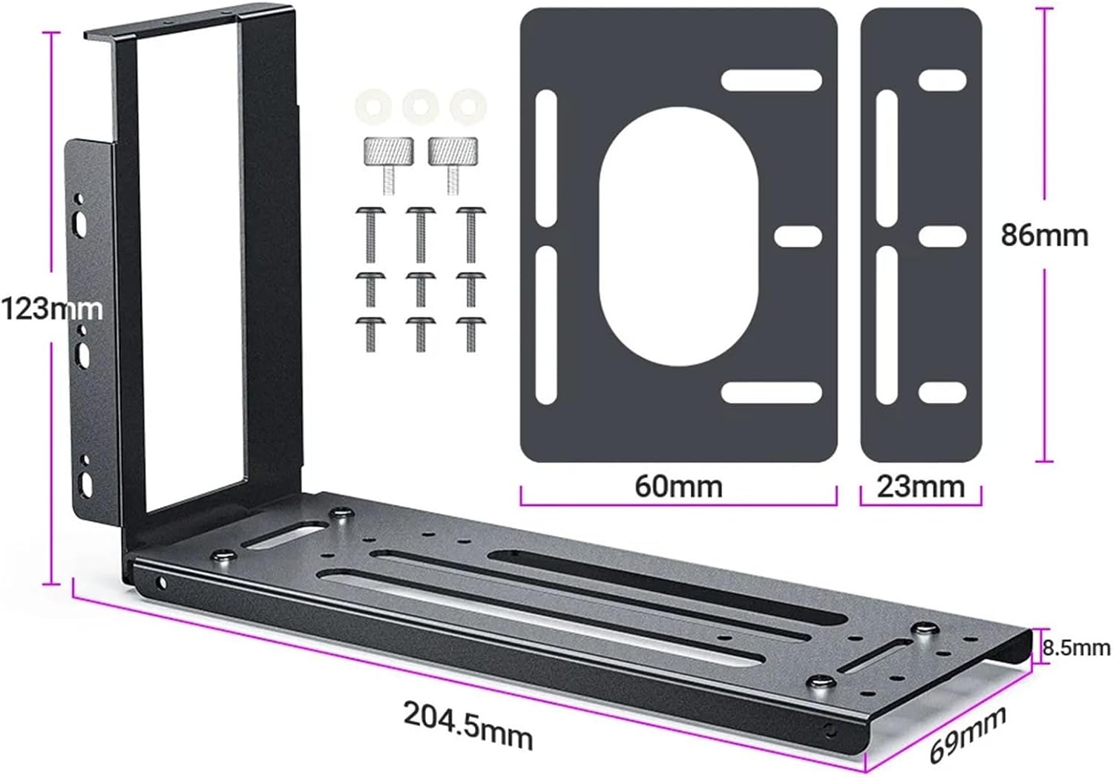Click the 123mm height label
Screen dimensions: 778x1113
50,308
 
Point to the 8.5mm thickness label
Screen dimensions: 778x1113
1076,648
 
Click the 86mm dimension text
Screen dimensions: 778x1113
1044,235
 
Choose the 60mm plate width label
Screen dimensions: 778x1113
678,487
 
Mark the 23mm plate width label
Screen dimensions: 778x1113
920,487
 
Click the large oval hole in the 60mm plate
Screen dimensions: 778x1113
678,236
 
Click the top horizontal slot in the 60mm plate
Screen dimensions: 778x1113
772,81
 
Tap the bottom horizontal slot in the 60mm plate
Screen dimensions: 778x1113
772,392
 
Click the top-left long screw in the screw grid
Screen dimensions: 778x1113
371,232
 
